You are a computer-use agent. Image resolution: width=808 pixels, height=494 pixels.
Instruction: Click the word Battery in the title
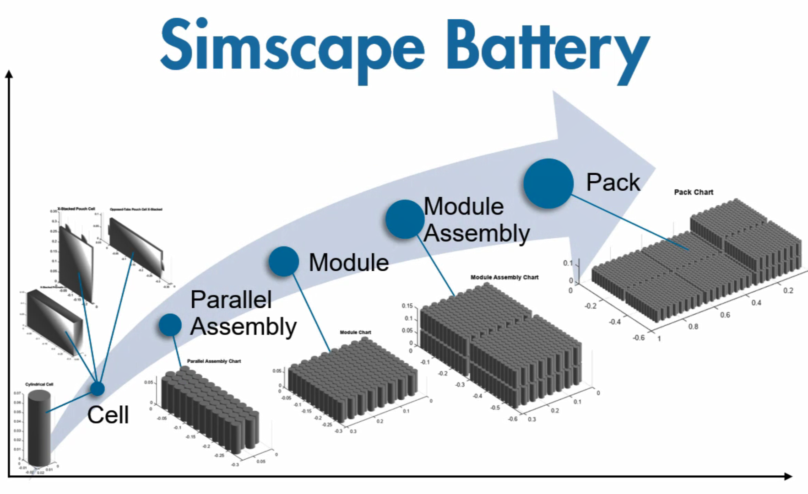(547, 48)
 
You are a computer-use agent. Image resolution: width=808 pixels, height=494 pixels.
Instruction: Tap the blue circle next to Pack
(548, 183)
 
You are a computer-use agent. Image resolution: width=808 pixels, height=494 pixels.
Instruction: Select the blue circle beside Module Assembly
(405, 219)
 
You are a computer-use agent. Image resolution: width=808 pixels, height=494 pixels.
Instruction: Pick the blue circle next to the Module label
(284, 261)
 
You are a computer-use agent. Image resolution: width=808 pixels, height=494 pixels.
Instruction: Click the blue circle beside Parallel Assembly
(170, 325)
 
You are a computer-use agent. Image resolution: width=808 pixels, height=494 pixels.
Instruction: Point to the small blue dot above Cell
(97, 389)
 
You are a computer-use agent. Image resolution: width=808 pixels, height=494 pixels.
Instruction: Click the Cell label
(108, 415)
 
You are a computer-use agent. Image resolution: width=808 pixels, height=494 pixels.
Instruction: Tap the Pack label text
(613, 182)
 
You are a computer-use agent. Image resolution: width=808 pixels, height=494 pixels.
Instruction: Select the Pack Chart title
(693, 192)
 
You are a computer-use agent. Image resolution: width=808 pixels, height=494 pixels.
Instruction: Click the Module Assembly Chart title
(504, 277)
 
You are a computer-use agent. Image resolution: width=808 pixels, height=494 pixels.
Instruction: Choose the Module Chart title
(355, 332)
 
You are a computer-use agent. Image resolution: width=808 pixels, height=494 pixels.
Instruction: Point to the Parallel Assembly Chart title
(214, 361)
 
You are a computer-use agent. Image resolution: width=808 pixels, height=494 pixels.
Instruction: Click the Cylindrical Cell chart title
(39, 384)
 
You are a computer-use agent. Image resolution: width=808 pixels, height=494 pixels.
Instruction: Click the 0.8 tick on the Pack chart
(693, 326)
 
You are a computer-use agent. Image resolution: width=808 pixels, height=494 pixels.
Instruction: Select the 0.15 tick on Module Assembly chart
(407, 306)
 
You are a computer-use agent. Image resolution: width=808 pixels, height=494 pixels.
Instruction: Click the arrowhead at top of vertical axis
(9, 73)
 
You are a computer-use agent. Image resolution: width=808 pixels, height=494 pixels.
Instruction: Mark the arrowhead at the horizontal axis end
(788, 477)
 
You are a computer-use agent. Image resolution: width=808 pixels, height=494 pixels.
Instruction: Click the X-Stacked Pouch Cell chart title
(76, 209)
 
